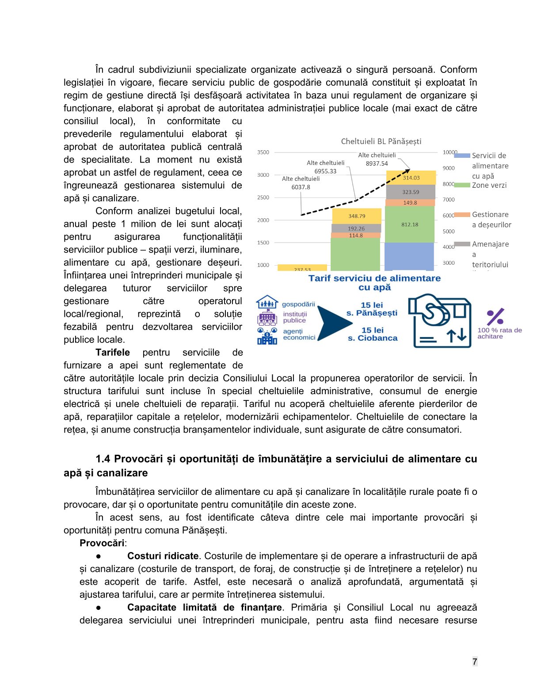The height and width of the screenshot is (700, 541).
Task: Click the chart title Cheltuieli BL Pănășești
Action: [381, 141]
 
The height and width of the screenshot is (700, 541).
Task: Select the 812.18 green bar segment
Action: [410, 224]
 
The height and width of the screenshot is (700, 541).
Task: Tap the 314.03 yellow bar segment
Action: [411, 178]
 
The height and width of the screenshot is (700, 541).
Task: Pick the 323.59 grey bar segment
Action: [411, 192]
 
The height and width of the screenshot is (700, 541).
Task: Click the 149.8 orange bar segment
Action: [410, 203]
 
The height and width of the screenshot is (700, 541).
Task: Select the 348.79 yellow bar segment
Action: [356, 216]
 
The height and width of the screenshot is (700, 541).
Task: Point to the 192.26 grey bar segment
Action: [356, 228]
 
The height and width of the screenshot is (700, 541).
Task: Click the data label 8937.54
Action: [377, 164]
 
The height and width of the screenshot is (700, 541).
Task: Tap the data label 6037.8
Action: [301, 187]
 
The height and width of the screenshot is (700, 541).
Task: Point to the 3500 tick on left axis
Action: [263, 152]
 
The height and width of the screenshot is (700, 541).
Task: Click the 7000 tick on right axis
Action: [449, 200]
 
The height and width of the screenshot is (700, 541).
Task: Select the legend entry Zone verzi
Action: [489, 185]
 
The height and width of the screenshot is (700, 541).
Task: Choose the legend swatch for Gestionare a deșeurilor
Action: [462, 215]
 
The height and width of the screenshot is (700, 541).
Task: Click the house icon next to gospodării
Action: [267, 303]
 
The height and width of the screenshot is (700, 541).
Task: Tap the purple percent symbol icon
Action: [495, 317]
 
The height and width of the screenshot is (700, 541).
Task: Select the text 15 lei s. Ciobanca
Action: [373, 334]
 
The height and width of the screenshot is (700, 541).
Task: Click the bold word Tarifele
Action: [113, 353]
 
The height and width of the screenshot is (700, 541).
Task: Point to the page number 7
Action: [475, 662]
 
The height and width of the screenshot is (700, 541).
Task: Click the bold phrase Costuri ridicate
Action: [163, 556]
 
